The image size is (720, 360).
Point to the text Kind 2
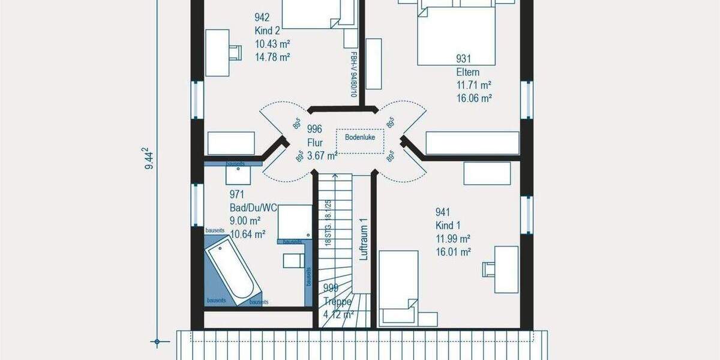tap(267, 31)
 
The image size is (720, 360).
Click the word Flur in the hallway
tap(316, 143)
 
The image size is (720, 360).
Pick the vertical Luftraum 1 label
tap(362, 239)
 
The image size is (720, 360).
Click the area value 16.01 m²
tap(453, 251)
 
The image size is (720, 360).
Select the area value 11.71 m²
tap(473, 85)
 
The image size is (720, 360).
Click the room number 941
tap(443, 212)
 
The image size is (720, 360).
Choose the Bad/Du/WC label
tap(253, 208)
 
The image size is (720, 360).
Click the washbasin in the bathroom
tap(238, 175)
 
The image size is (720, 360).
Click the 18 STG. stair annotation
tap(328, 223)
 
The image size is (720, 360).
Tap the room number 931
tap(463, 59)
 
